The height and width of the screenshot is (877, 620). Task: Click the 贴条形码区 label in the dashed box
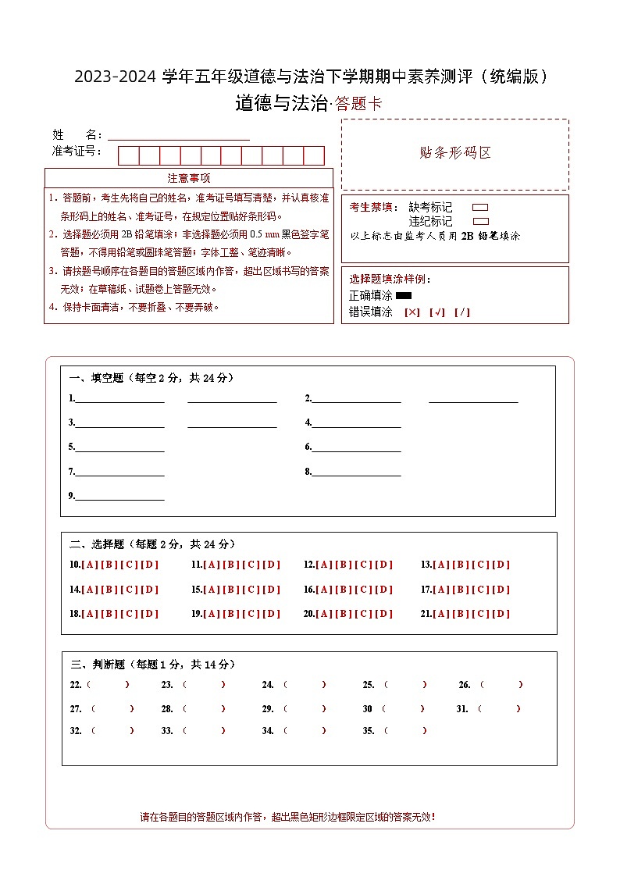(x=455, y=153)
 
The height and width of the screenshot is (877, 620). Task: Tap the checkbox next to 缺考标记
(x=481, y=208)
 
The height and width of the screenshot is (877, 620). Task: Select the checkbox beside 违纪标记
(x=481, y=221)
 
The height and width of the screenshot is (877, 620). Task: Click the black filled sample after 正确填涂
(x=404, y=296)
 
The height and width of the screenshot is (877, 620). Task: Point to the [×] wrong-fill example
(x=412, y=312)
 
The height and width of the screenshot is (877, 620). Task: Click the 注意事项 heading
(x=189, y=178)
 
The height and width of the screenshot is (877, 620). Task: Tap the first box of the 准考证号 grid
(x=128, y=155)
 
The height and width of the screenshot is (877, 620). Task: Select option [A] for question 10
(x=89, y=565)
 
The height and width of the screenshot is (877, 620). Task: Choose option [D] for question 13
(x=501, y=565)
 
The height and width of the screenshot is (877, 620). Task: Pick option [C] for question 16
(x=364, y=590)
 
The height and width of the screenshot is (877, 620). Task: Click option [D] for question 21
(x=501, y=614)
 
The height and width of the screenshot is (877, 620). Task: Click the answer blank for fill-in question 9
(x=119, y=496)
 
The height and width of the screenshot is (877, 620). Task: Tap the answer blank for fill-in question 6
(x=357, y=447)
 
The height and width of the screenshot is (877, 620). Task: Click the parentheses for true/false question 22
(x=109, y=685)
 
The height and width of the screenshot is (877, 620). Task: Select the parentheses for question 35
(x=404, y=731)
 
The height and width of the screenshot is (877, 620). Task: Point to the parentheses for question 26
(x=501, y=685)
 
